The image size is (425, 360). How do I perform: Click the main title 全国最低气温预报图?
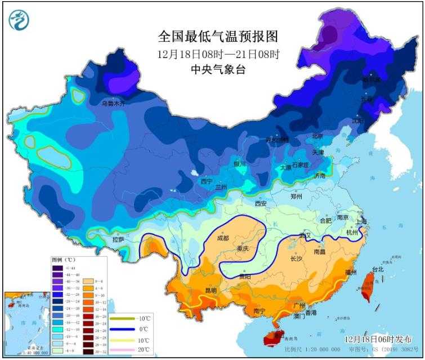(218, 37)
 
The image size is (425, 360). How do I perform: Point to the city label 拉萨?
(118, 239)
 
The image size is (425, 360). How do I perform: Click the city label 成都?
(222, 238)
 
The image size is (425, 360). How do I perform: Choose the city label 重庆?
(243, 248)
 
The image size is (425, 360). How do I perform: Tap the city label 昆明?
(211, 291)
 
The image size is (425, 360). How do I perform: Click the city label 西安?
(260, 203)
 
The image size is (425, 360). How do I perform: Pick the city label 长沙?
(297, 259)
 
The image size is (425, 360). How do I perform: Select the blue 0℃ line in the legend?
(120, 329)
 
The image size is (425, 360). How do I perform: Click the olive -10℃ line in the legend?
(120, 318)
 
